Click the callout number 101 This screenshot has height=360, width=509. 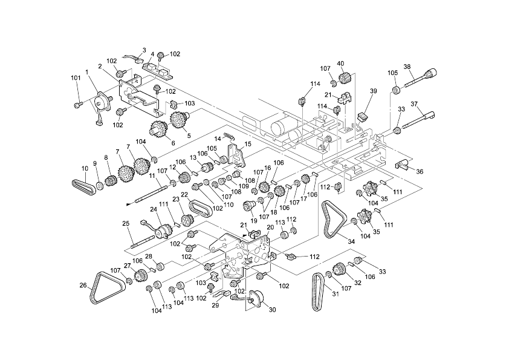[76, 77]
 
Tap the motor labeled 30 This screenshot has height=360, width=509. [256, 297]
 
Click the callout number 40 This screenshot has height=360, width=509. [340, 64]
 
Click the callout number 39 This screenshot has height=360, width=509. [374, 91]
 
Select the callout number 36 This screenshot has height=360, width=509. [420, 171]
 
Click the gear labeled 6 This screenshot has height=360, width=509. [158, 129]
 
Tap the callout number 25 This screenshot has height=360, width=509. [126, 223]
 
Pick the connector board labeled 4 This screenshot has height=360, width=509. [158, 71]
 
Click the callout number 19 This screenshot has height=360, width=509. [254, 221]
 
